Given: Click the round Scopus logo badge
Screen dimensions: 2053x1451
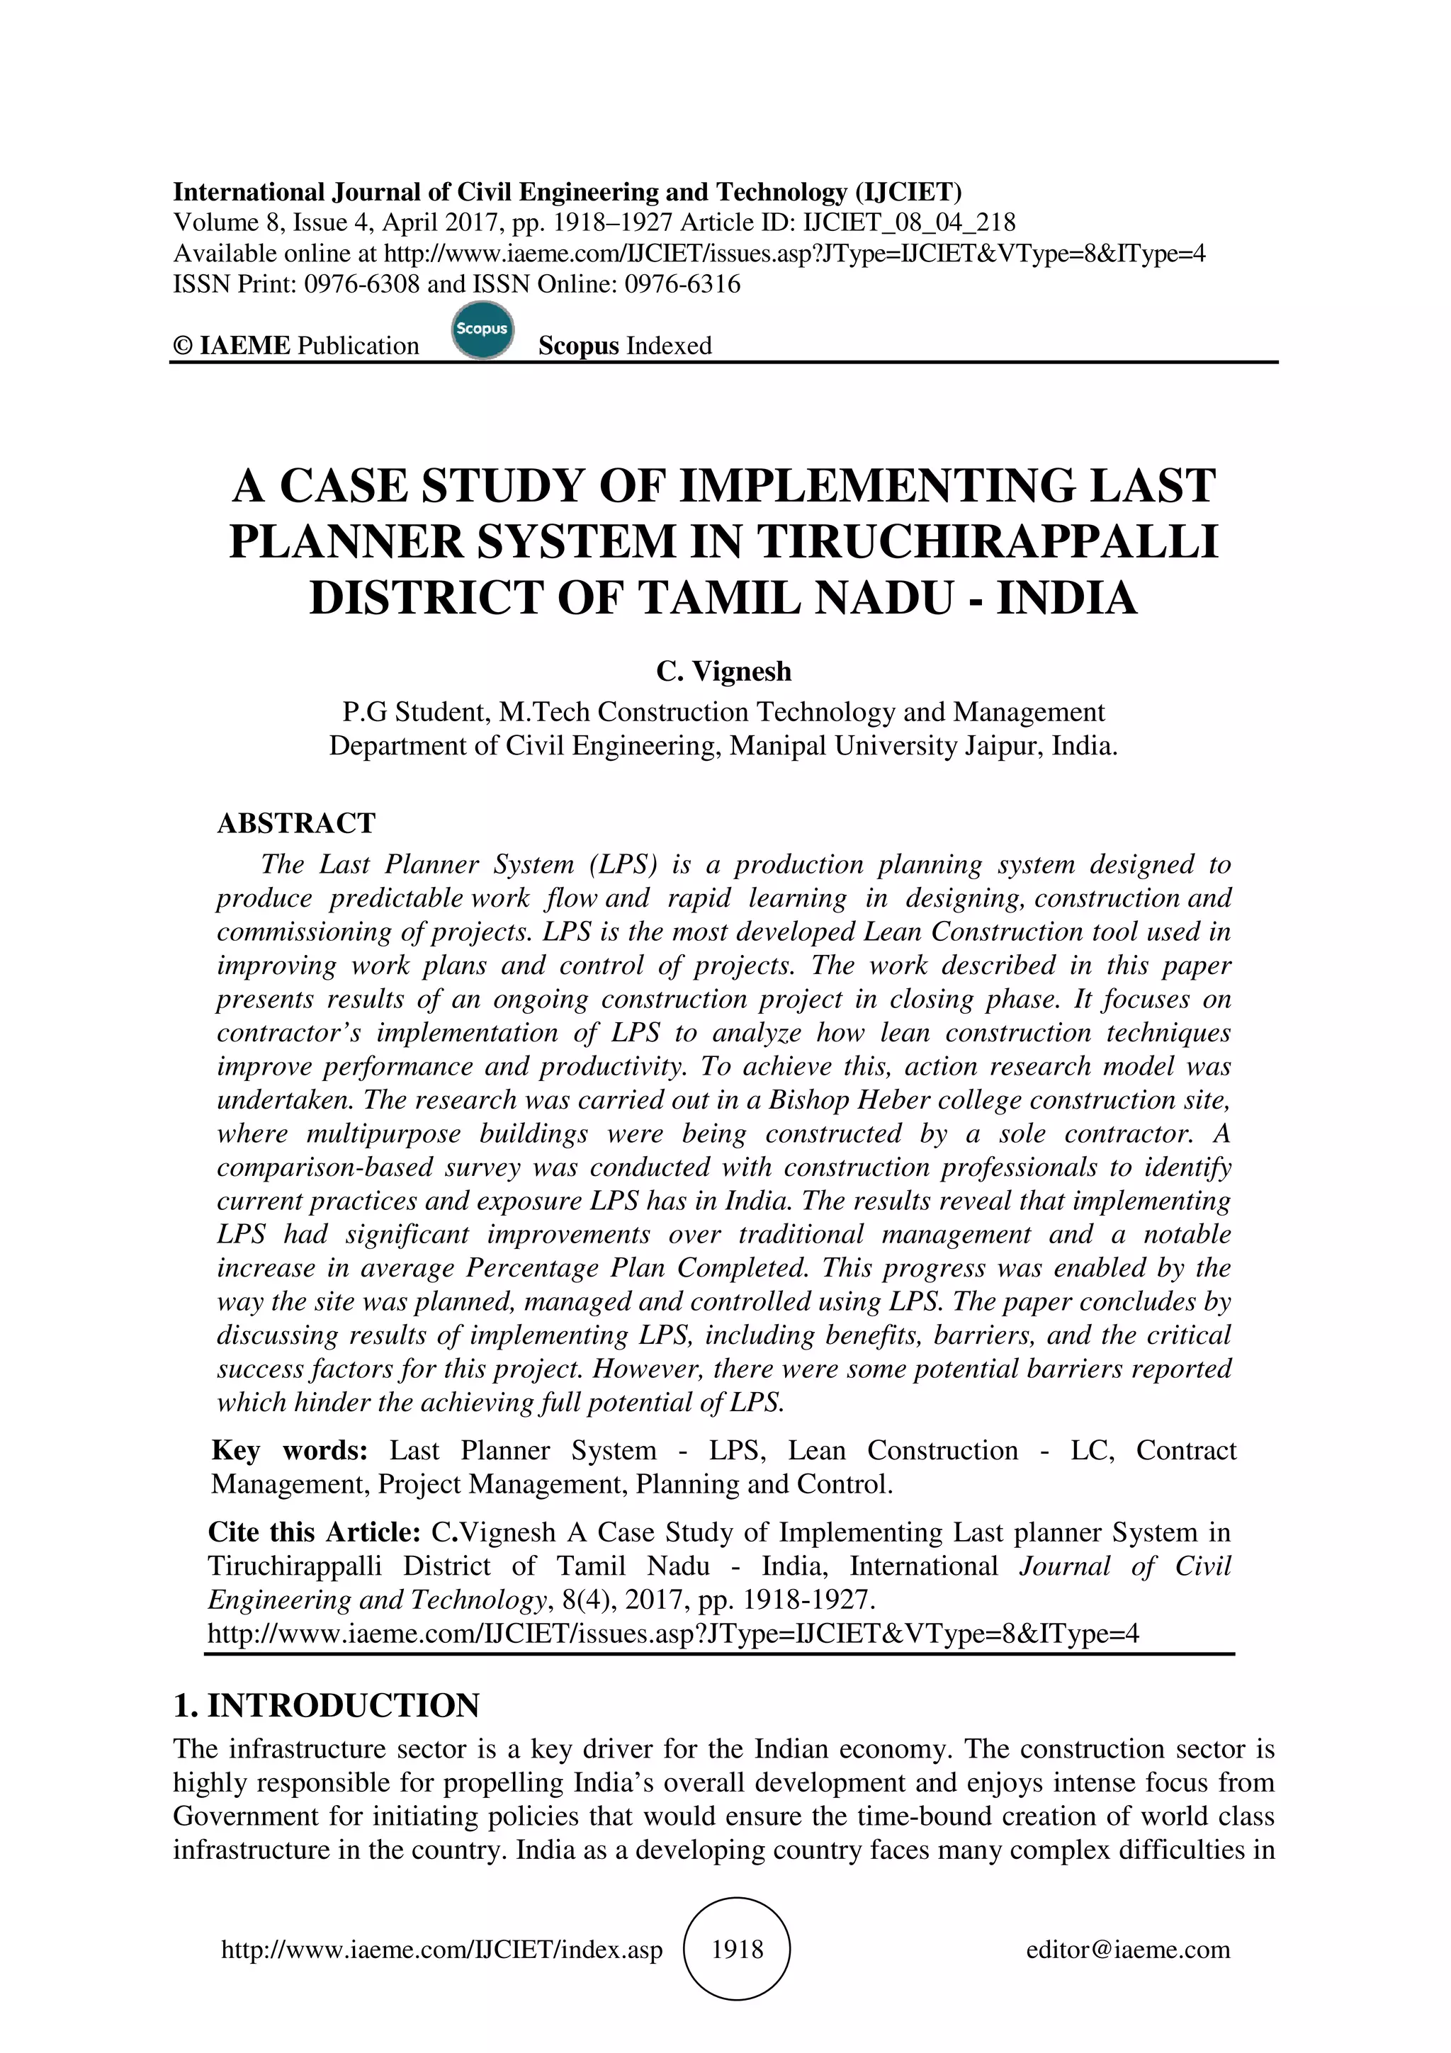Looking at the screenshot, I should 482,330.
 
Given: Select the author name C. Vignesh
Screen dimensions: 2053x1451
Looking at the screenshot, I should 724,671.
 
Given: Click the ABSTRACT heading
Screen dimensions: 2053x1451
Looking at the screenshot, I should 297,822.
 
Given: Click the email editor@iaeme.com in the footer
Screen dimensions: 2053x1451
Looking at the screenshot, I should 1128,1950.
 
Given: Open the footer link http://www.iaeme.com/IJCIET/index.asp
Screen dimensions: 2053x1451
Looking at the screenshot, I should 441,1950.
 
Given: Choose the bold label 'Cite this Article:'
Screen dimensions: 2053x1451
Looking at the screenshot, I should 315,1532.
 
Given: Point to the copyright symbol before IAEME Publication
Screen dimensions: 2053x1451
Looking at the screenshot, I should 182,346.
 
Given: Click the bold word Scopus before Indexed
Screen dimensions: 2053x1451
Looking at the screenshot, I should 578,346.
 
